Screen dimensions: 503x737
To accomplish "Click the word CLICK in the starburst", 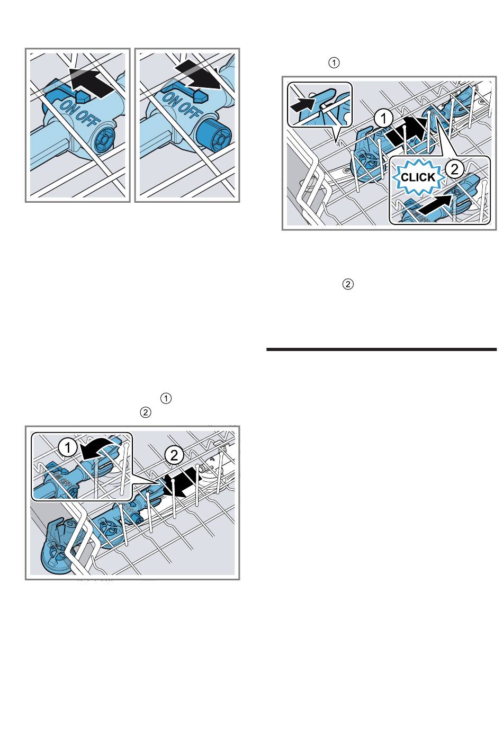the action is pyautogui.click(x=418, y=177).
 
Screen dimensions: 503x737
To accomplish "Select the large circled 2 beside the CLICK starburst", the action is pyautogui.click(x=454, y=169).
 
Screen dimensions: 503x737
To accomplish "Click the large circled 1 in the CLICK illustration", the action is pyautogui.click(x=383, y=118).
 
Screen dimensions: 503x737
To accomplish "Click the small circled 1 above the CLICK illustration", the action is pyautogui.click(x=334, y=62).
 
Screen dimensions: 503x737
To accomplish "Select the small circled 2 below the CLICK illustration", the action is pyautogui.click(x=348, y=284).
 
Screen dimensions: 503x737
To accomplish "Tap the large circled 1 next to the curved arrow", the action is pyautogui.click(x=67, y=448).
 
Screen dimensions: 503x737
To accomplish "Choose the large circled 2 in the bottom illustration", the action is pyautogui.click(x=174, y=456).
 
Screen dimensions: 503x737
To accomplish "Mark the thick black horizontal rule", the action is pyautogui.click(x=381, y=349).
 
